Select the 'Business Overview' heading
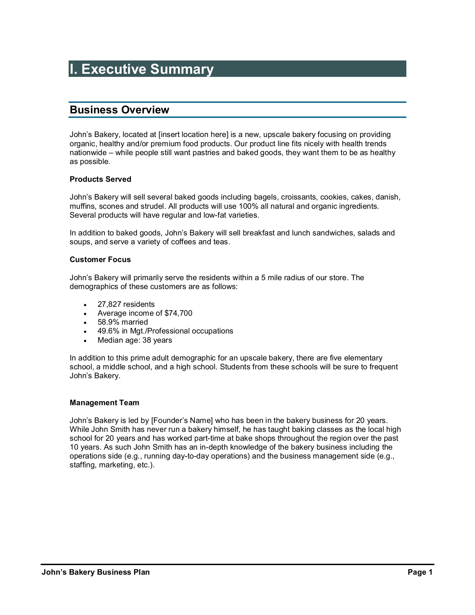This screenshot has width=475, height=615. coord(119,110)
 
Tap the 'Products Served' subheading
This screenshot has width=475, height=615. coord(100,179)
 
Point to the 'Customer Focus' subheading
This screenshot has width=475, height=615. coord(100,260)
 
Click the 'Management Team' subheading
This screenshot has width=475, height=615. coord(104,403)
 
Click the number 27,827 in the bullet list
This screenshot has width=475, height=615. coord(109,304)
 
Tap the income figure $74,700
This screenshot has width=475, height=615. coord(178,313)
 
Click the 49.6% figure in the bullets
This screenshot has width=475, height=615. coord(108,331)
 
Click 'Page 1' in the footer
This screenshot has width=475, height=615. coord(420,572)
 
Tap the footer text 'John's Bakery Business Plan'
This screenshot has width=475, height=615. coord(96,572)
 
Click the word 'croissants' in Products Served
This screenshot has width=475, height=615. coord(298,197)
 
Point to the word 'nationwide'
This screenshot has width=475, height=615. coord(88,153)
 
